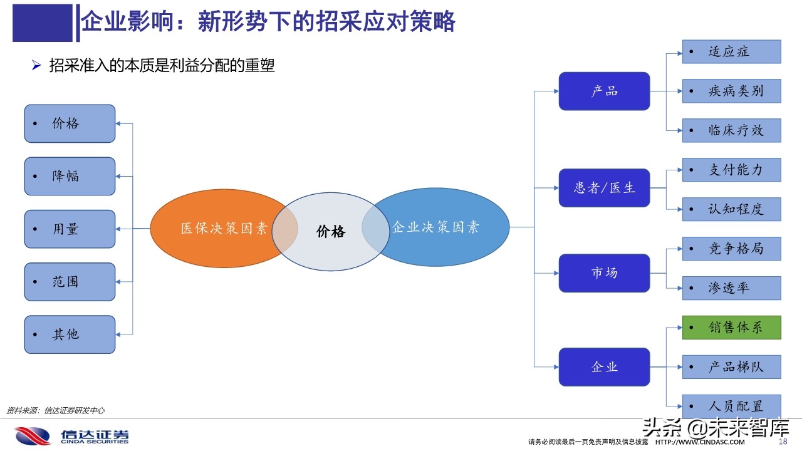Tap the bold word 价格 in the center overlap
330,232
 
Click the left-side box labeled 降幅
70,176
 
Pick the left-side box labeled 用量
70,229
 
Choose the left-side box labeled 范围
70,282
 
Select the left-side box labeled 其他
70,334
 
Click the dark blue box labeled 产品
604,91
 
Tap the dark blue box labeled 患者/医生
604,188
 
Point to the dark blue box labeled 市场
604,273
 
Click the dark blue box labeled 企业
604,367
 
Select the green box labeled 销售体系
731,328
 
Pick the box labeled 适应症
731,52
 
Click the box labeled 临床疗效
731,130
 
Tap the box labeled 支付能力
731,170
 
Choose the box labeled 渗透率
731,288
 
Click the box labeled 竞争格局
731,249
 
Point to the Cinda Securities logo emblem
33,436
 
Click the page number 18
782,442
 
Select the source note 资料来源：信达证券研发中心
55,411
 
